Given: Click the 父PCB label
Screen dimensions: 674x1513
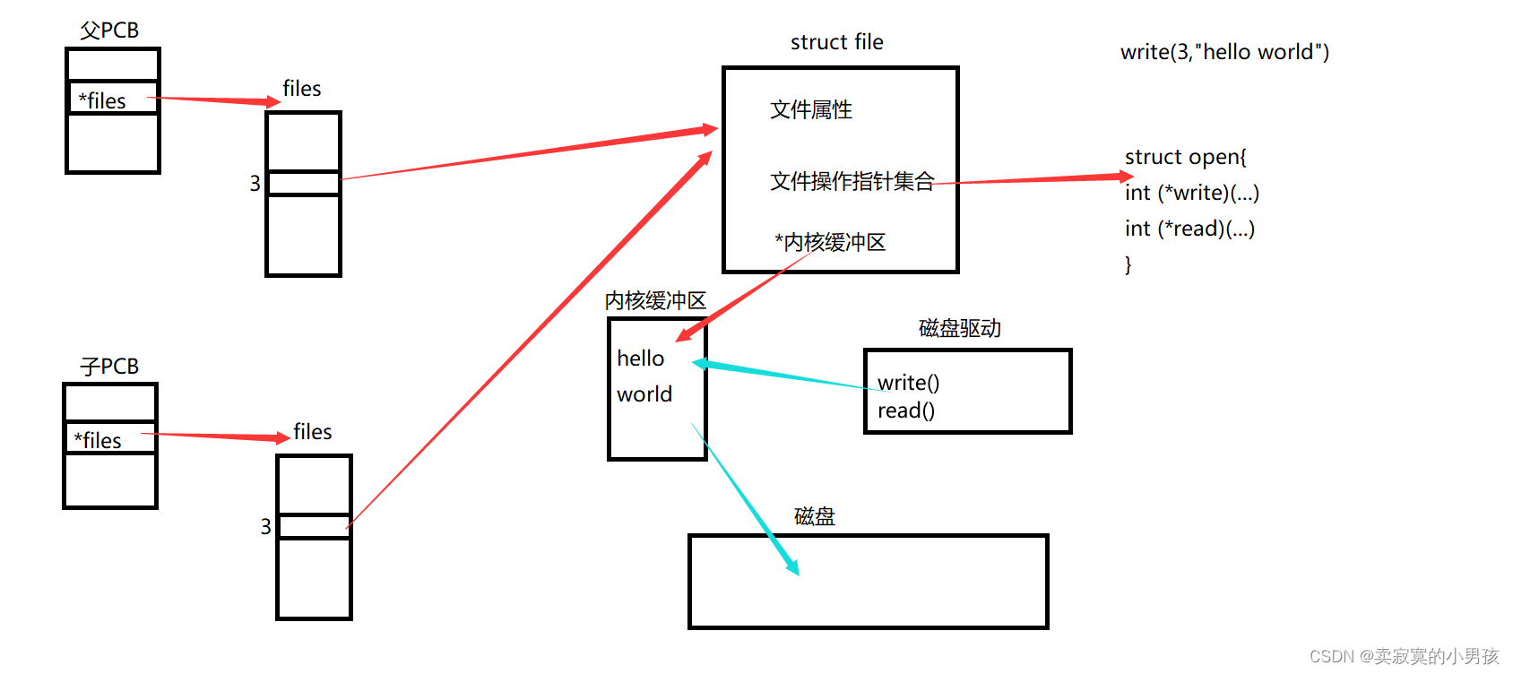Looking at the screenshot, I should coord(109,30).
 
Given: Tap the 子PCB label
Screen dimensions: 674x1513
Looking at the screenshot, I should coord(109,367).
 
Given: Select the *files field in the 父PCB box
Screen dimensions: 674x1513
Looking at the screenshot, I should coord(102,100).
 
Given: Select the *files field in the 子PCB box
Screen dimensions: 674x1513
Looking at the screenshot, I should coord(98,440).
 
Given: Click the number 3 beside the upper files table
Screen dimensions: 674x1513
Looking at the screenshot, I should coord(255,184).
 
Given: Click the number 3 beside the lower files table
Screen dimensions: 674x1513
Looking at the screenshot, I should coord(266,526).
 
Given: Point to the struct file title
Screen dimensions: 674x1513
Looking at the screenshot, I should coord(836,42).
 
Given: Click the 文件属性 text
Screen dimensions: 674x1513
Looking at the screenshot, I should coord(811,109).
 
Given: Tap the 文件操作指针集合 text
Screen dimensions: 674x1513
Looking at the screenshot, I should coord(852,181).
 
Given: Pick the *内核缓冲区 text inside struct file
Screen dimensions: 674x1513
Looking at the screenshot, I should coord(830,242).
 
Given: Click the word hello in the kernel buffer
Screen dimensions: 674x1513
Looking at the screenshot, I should coord(641,359).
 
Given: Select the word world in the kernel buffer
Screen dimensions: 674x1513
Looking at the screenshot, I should coord(644,394).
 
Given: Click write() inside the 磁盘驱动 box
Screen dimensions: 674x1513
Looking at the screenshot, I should coord(908,383).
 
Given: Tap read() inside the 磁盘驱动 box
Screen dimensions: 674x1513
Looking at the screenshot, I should coord(905,410).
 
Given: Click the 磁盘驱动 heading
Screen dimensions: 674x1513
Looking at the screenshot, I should coord(960,328).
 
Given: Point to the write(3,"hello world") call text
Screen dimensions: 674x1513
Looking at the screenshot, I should coord(1224,52).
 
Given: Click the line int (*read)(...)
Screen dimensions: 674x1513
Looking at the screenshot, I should coord(1189,229).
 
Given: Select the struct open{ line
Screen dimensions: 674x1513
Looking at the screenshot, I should coord(1185,157).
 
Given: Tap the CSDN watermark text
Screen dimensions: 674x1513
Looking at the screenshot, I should coord(1404,656).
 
